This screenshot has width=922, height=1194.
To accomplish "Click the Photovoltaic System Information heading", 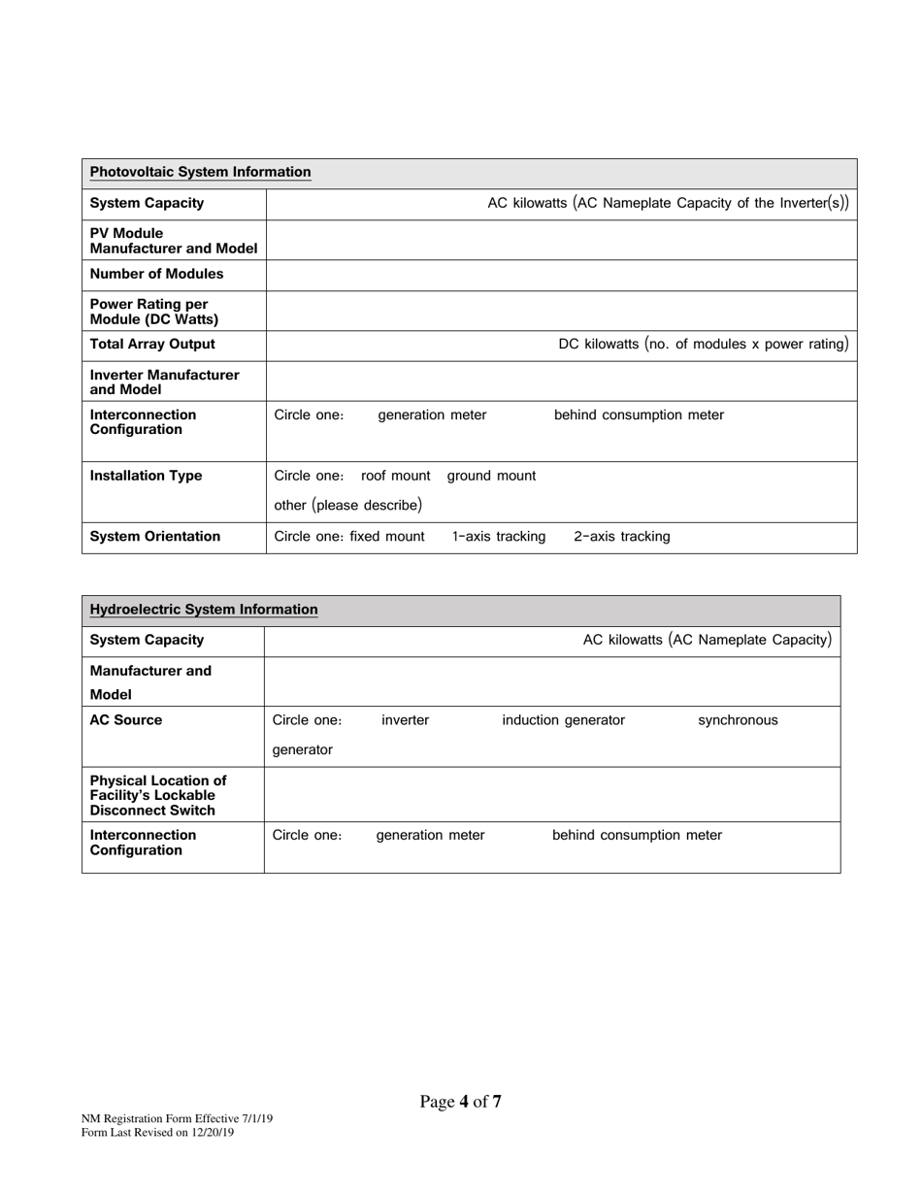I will [x=200, y=173].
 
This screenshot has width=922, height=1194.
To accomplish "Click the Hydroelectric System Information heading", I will [x=203, y=610].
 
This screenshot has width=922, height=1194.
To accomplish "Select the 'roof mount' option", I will [x=395, y=476].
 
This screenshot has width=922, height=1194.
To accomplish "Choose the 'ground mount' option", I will [x=491, y=476].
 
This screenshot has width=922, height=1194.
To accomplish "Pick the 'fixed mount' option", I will [x=387, y=537].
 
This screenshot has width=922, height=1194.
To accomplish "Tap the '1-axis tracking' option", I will [x=499, y=537].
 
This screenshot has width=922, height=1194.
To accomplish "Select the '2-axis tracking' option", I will [x=621, y=537].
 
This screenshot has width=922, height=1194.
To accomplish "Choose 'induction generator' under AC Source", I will [x=563, y=720].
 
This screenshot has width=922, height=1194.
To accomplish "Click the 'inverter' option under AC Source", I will [x=405, y=720].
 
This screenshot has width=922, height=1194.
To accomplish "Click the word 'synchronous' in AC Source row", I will [x=738, y=720].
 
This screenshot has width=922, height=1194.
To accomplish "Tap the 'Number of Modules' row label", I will [x=156, y=274].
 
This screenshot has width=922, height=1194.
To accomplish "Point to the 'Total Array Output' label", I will [x=152, y=345].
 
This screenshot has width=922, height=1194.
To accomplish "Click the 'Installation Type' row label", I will [x=146, y=476].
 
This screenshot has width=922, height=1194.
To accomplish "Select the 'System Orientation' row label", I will [x=154, y=537].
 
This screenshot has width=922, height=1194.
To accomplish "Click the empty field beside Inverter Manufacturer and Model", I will [x=561, y=381].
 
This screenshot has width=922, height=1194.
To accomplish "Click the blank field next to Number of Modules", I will [x=561, y=275].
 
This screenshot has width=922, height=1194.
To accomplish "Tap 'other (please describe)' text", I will [x=347, y=506].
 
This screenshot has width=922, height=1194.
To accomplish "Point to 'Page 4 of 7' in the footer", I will [x=460, y=1102].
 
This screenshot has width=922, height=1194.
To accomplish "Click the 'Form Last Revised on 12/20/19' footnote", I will [x=157, y=1132].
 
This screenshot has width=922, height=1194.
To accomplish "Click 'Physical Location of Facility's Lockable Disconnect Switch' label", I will [x=157, y=795].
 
